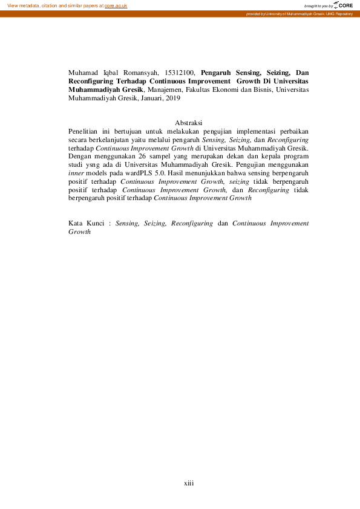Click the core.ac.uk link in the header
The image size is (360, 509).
(116, 5)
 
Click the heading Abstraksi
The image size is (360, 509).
(188, 123)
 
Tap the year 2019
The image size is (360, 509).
(174, 97)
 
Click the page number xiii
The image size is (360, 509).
(188, 483)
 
